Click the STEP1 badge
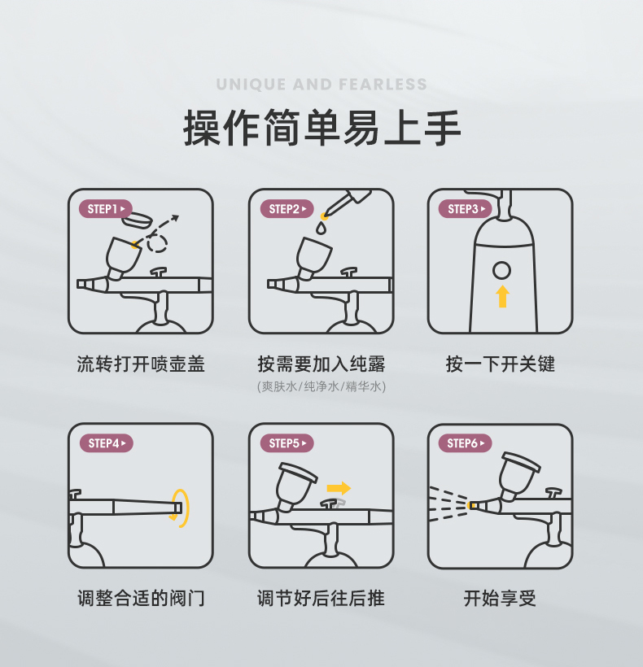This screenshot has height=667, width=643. (106, 209)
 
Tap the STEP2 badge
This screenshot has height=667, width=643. (287, 209)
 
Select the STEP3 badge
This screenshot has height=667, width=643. (465, 209)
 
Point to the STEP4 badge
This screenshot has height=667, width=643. (107, 443)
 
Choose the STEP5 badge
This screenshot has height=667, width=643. (287, 443)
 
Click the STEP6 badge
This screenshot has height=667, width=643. (465, 443)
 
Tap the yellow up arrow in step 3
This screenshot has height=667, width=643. (502, 296)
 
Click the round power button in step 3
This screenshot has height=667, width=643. (501, 271)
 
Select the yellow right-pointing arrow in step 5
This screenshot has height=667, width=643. (339, 488)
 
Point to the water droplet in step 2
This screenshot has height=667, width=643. (321, 229)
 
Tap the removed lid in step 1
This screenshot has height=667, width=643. (137, 219)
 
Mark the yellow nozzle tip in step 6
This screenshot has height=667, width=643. (470, 505)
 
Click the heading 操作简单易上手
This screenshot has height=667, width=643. (322, 128)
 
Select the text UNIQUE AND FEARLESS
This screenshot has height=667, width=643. (321, 85)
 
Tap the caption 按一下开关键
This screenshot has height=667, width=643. (501, 364)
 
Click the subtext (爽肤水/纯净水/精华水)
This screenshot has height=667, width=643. (321, 386)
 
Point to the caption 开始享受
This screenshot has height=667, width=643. (500, 599)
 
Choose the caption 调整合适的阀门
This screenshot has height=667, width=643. (141, 599)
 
